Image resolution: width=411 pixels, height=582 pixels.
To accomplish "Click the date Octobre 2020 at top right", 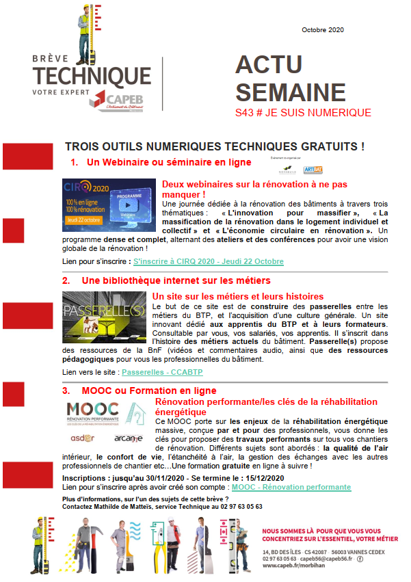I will point(322,30).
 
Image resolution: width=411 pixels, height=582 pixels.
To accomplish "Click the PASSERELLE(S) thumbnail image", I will point(103,317).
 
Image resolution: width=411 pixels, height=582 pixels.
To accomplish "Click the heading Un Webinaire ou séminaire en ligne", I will point(168,162).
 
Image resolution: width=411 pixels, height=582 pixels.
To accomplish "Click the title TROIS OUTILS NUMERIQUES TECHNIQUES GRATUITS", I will point(214,147).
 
